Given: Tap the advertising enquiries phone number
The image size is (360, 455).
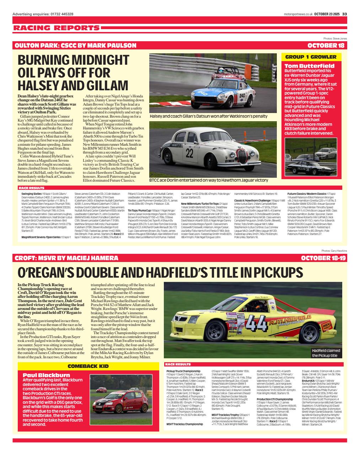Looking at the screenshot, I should point(62,14).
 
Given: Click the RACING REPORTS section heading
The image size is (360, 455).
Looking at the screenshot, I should point(57,28).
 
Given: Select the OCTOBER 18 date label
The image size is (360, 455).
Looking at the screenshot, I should point(326,45).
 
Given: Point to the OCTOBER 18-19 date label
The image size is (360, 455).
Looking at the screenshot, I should point(323,258).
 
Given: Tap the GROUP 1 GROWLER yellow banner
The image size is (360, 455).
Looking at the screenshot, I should point(311,57).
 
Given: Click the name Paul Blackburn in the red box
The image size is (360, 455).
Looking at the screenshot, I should point(46,375).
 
